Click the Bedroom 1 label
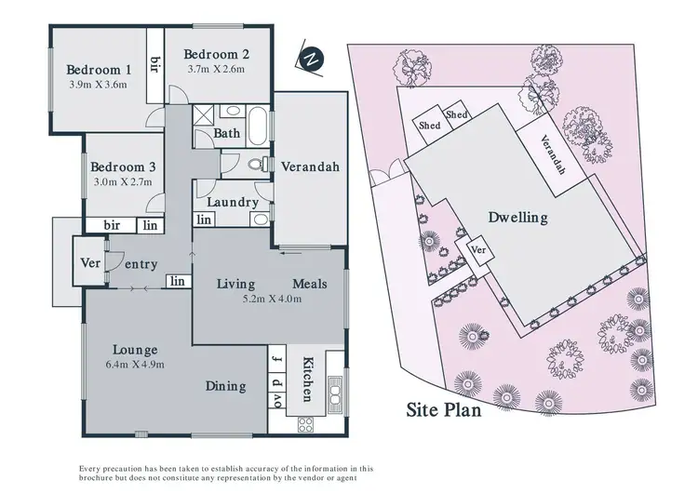coord(98,70)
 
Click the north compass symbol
coord(312,57)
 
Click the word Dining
coord(226,386)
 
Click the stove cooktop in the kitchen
coord(305,424)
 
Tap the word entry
coord(141,265)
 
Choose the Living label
coord(236,283)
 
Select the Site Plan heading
coord(444,409)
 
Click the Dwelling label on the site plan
coord(518,218)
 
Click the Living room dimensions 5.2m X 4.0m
coord(271,299)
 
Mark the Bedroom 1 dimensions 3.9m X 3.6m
coord(98,86)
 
